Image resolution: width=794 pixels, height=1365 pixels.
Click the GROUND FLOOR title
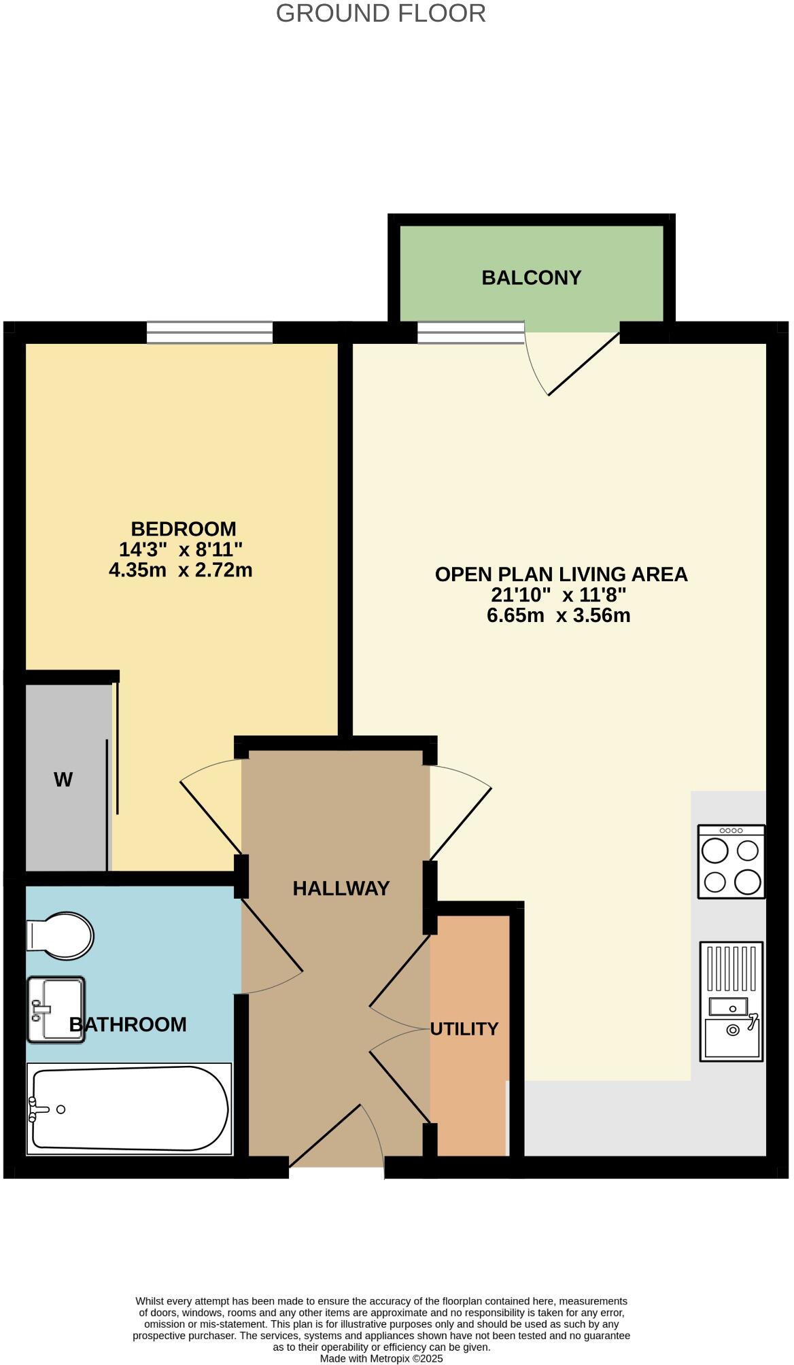point(381,14)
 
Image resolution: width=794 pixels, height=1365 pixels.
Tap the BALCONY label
point(531,277)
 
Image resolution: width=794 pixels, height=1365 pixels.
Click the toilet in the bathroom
point(60,935)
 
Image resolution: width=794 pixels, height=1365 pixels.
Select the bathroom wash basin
point(56,1009)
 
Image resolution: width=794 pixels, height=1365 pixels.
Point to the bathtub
point(129,1109)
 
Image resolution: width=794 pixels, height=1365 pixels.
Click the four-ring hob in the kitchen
point(731,861)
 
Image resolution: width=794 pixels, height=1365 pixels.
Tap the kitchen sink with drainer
point(731,1001)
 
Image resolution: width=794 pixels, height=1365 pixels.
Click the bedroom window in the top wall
point(209,332)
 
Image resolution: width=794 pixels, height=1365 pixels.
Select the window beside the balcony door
point(470,332)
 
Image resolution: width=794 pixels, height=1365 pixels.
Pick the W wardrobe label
point(63,780)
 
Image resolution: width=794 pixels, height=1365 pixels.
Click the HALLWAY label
point(341,888)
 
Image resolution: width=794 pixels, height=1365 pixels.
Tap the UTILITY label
point(464,1029)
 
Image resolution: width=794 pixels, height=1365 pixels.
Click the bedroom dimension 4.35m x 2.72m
point(180,570)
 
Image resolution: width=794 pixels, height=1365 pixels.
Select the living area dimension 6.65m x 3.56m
point(558,615)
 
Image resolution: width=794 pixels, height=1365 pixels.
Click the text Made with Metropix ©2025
point(381,1358)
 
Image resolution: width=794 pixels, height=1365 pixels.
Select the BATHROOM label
point(128,1024)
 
